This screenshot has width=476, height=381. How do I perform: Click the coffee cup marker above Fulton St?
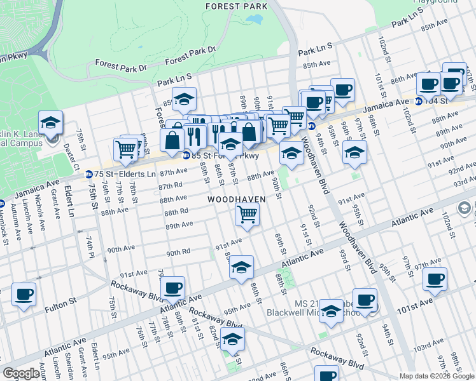tap(24, 294)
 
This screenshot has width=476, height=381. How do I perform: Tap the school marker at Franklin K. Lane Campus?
tap(51, 123)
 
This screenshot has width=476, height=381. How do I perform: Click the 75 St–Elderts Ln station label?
tap(125, 173)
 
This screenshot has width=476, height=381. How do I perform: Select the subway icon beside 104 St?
tap(418, 101)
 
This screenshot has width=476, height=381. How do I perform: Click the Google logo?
tap(21, 373)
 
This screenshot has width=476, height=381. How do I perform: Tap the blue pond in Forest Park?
tap(256, 19)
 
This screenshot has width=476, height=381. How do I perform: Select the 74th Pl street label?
tap(89, 245)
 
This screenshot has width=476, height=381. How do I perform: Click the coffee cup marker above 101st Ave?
tap(435, 279)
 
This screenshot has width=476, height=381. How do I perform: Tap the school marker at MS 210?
tap(331, 311)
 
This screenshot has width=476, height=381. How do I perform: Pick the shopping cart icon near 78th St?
tap(126, 149)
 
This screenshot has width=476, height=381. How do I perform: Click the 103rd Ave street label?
tap(429, 349)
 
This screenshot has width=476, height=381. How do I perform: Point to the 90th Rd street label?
tap(178, 253)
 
